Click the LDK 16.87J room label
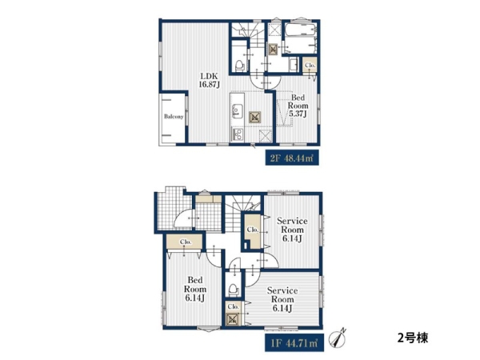pos(210,80)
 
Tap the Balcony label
pos(174,117)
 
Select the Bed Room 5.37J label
pos(298,106)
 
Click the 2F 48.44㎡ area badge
pos(292,158)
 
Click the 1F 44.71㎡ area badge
pos(294,343)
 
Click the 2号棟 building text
pos(413,338)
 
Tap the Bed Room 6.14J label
pos(194,289)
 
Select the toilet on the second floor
pos(239,65)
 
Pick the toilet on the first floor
pos(234,290)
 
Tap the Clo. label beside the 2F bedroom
pos(310,66)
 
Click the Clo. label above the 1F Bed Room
pos(186,242)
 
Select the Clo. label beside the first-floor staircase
pos(253,230)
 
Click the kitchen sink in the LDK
pos(237,111)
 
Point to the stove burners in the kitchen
pos(238,134)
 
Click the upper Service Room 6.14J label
pos(292,230)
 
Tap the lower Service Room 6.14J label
pos(282,299)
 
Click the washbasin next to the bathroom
pos(294,65)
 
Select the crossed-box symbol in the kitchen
pos(255,117)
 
